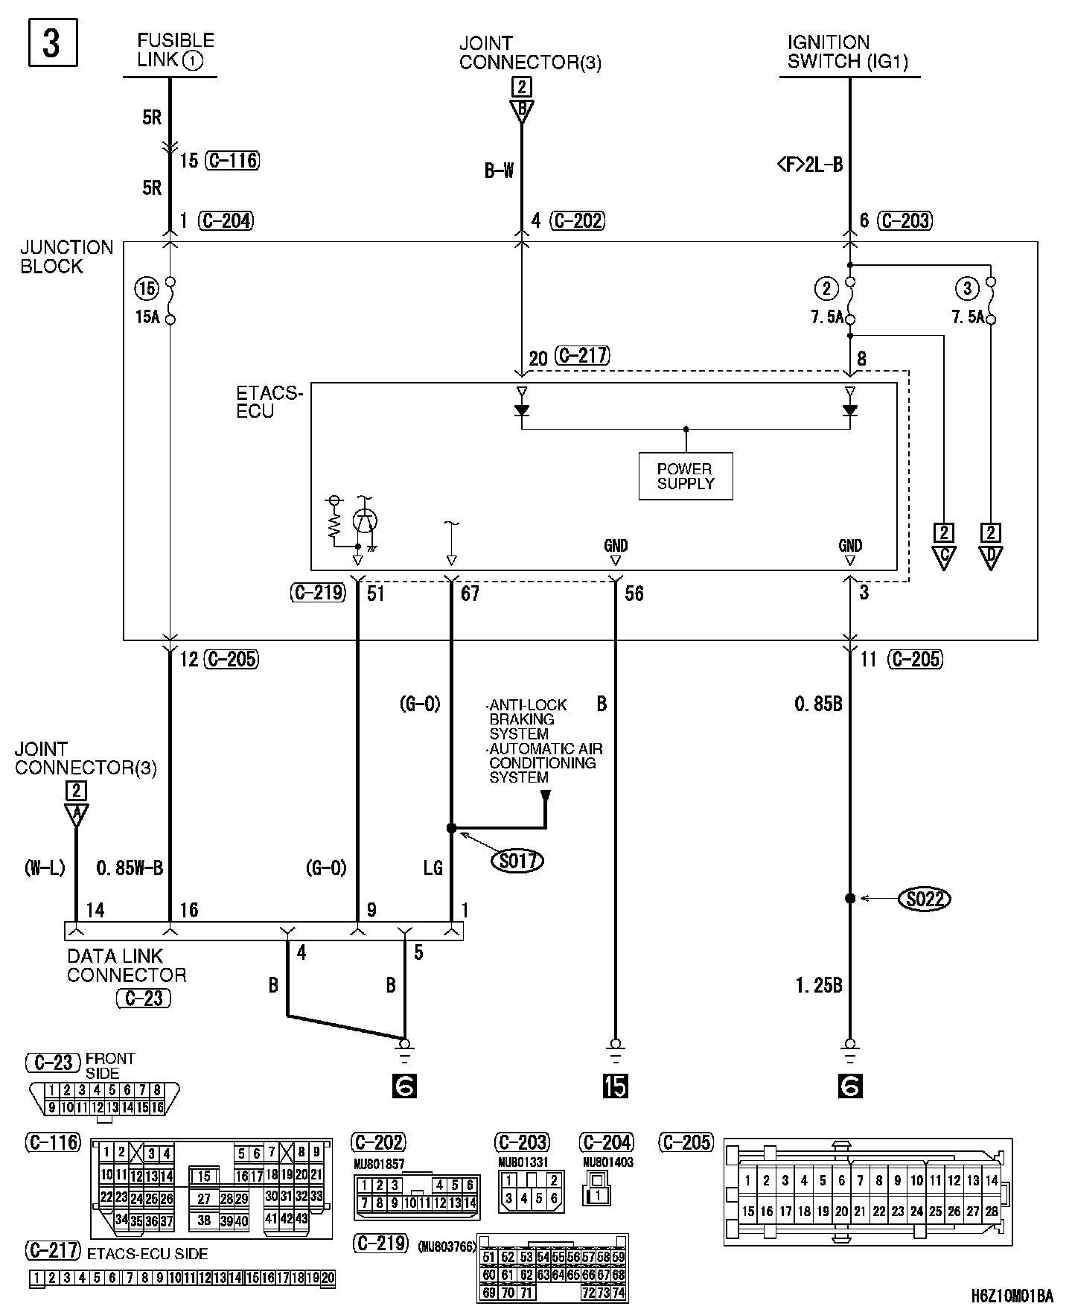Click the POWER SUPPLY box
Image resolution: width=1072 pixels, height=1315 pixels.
(686, 476)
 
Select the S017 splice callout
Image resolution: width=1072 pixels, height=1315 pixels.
(517, 861)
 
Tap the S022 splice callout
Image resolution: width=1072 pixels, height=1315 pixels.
(925, 899)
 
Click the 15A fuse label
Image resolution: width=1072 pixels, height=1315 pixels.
(147, 317)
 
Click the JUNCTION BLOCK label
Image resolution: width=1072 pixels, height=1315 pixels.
(66, 257)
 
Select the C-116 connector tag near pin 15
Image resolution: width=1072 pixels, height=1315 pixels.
(233, 160)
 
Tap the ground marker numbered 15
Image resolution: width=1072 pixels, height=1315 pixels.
(615, 1087)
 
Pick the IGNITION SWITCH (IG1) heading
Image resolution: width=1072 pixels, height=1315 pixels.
(848, 52)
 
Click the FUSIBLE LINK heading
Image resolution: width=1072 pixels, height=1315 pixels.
(176, 51)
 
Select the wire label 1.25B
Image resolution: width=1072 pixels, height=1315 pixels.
(818, 985)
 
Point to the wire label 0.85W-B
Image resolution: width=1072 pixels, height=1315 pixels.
(130, 867)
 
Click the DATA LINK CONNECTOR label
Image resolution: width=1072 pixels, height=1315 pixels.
(127, 966)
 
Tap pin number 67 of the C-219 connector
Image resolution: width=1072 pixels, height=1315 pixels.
(470, 593)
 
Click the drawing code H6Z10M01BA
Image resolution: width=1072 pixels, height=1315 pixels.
(1012, 1296)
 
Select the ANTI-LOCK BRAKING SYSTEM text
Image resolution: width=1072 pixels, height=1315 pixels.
(528, 719)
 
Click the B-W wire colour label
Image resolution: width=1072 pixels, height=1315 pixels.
(499, 171)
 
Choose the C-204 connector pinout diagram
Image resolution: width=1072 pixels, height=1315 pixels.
(598, 1196)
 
